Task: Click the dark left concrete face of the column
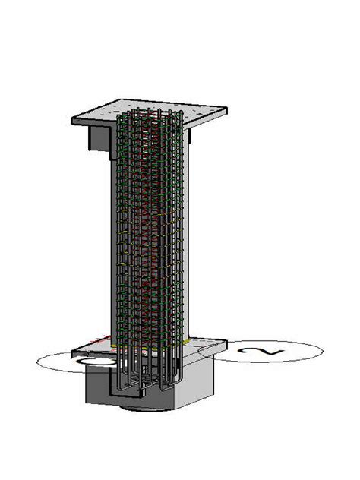coord(106,243)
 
